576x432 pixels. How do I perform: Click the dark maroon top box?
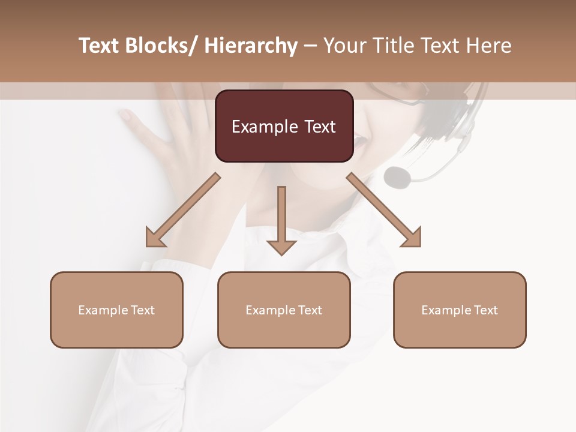tap(284, 126)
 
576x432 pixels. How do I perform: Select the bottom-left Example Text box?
tap(116, 310)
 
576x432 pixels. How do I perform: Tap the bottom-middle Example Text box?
tap(284, 310)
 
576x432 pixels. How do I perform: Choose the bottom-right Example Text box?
tap(460, 310)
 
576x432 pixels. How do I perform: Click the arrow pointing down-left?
tap(183, 210)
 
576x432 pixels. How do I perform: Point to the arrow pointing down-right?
tap(384, 210)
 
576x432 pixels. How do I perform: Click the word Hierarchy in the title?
tap(251, 46)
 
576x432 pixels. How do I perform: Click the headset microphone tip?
tap(397, 176)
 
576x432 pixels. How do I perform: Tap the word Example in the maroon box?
tap(264, 127)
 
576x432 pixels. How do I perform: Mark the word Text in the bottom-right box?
tap(485, 310)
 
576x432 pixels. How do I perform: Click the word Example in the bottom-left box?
tap(103, 310)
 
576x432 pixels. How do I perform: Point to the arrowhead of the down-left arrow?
tap(154, 239)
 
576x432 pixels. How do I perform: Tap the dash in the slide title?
tap(310, 46)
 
